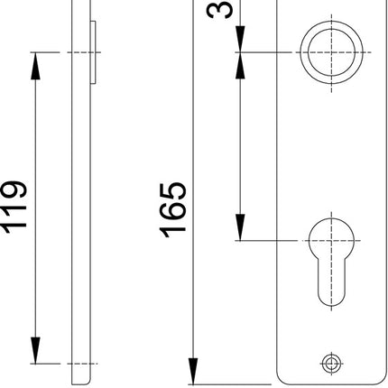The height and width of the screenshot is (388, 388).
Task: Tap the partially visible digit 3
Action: (x=222, y=9)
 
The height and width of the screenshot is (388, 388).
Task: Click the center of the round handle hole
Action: (x=328, y=51)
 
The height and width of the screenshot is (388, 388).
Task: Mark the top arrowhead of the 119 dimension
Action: (x=36, y=61)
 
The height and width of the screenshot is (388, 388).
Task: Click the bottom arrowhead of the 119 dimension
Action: (x=36, y=354)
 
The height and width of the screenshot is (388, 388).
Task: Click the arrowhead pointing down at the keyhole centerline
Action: (x=241, y=230)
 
